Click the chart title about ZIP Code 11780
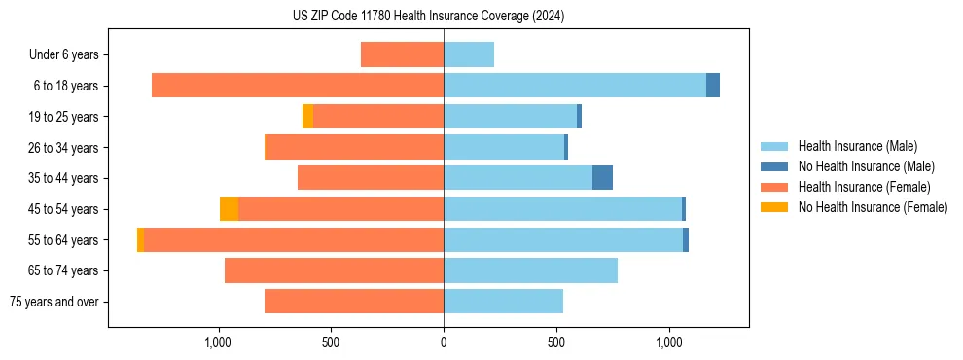click(x=428, y=16)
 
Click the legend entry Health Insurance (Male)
click(x=857, y=146)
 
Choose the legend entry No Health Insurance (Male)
click(x=866, y=166)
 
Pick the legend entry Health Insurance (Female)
click(x=864, y=187)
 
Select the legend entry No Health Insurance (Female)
click(x=873, y=207)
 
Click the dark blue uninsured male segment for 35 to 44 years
click(x=602, y=178)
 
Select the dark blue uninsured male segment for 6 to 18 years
click(x=713, y=86)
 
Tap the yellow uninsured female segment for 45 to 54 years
click(x=229, y=209)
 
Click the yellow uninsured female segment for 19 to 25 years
click(x=307, y=117)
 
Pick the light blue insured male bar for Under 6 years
click(x=469, y=54)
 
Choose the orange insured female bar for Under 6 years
click(x=402, y=54)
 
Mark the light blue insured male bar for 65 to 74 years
click(x=530, y=270)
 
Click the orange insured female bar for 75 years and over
click(x=354, y=302)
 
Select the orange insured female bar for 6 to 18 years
click(x=298, y=86)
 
